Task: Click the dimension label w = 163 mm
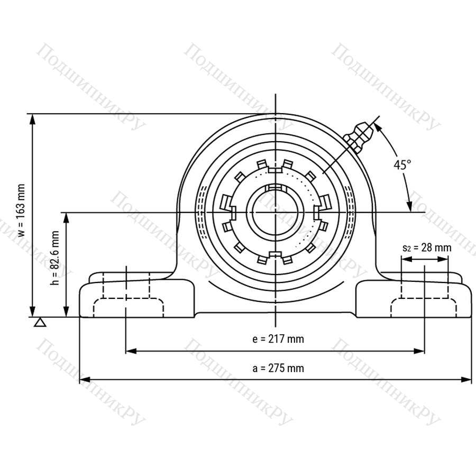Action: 21,210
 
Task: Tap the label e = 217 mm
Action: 278,339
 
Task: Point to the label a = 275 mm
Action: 278,368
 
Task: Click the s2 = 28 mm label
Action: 427,248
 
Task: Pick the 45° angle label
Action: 402,165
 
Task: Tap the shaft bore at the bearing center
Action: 276,213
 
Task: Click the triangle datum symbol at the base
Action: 40,323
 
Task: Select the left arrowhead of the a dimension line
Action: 85,380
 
